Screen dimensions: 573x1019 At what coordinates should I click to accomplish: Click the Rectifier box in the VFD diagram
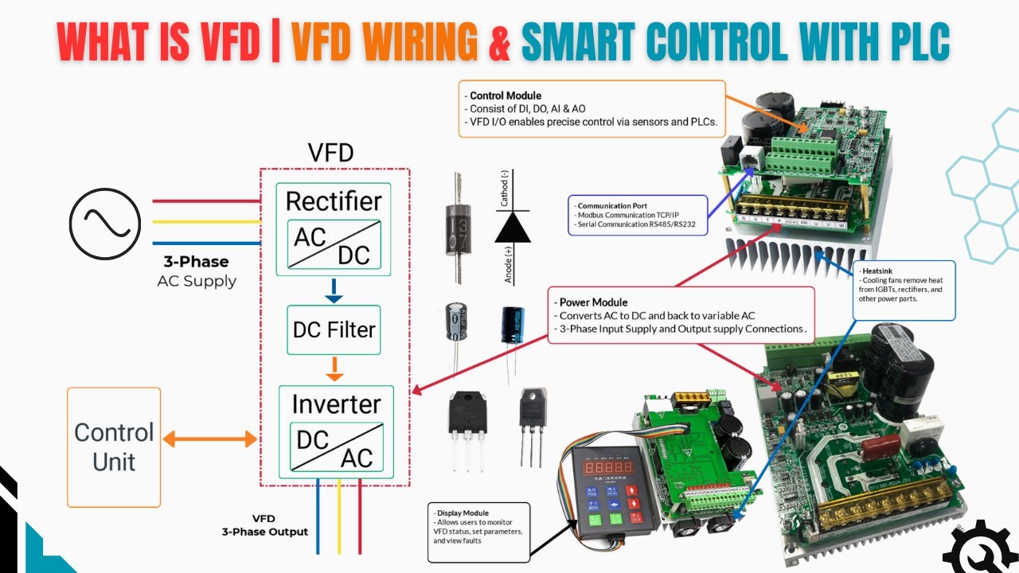334,228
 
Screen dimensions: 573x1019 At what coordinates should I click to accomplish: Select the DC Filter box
334,329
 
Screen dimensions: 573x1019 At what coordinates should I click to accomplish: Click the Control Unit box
114,446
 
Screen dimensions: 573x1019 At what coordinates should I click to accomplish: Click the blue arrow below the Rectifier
334,291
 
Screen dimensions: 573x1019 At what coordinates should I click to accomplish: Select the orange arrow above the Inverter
334,368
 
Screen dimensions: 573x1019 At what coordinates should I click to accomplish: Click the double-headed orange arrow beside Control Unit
209,439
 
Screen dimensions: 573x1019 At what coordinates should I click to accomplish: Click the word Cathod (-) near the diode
505,188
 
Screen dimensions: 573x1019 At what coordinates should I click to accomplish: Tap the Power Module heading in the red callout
593,302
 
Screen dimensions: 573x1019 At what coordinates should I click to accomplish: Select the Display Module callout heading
463,513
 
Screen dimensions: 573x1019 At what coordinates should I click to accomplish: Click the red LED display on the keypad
608,469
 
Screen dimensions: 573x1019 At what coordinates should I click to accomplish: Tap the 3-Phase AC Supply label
197,271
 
